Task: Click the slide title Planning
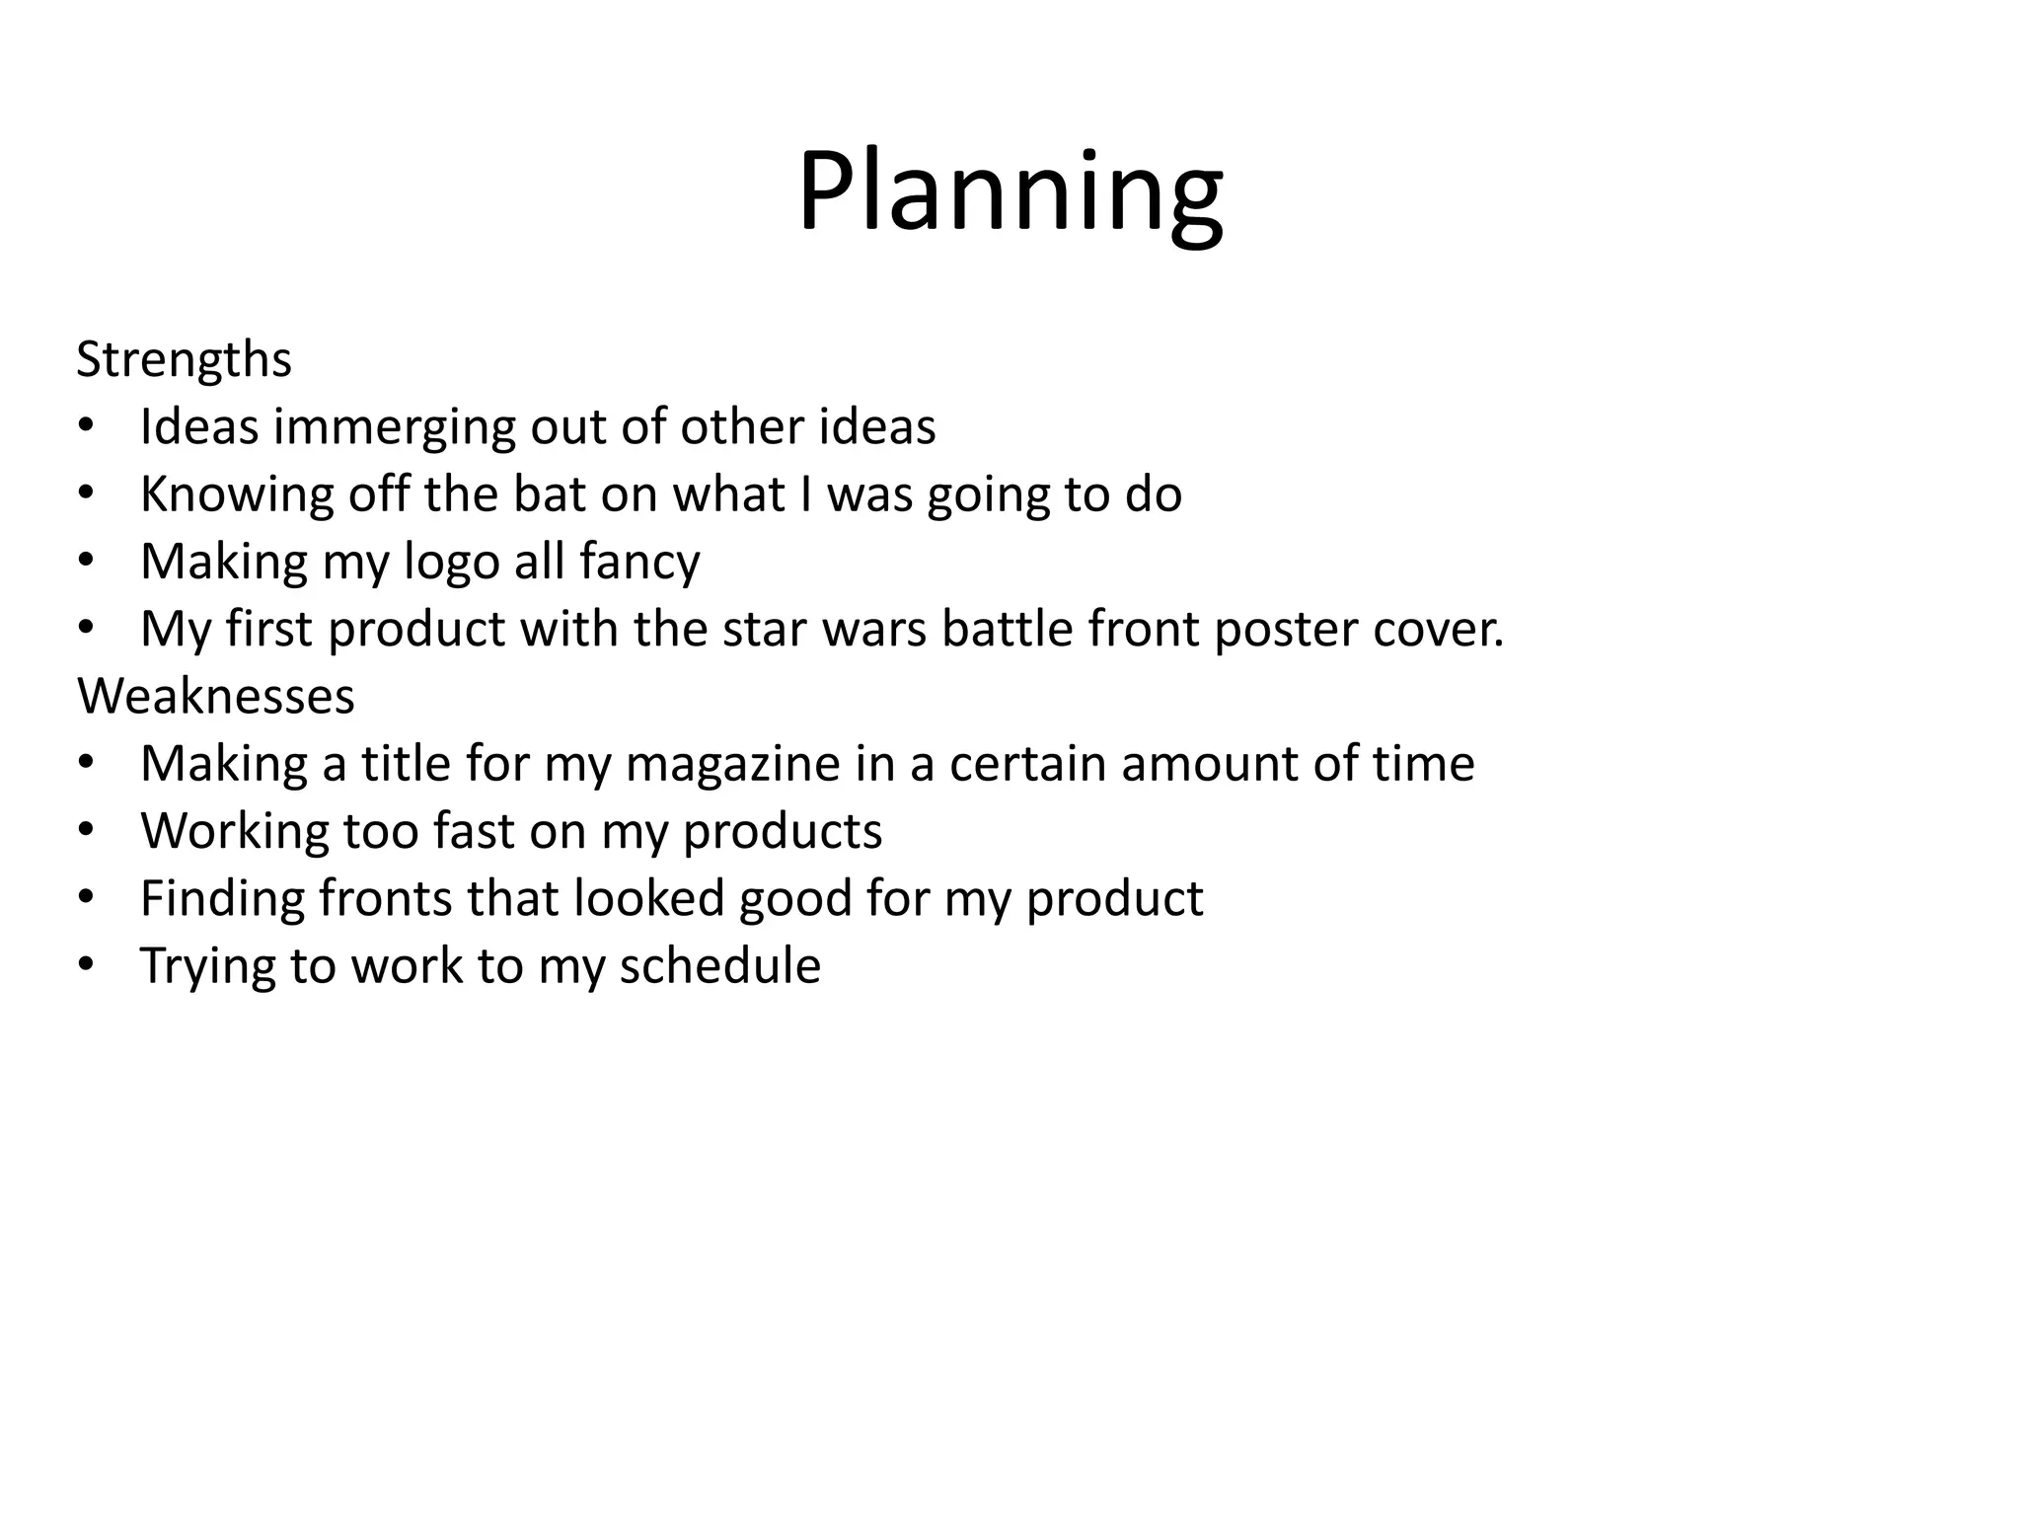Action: [x=1010, y=192]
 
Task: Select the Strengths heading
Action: [x=184, y=359]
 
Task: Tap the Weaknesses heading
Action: [x=215, y=696]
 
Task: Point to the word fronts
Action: [x=384, y=898]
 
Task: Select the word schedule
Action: [x=719, y=965]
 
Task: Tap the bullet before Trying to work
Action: [x=86, y=964]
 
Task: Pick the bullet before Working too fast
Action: [x=86, y=830]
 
